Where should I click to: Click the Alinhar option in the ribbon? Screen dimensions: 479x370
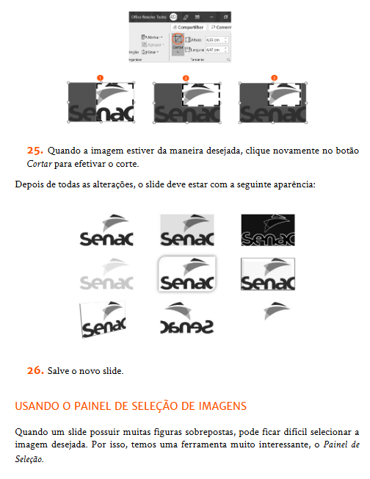coord(153,37)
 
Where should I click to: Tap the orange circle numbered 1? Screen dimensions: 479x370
coord(101,77)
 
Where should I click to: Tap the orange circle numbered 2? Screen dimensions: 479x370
coord(186,77)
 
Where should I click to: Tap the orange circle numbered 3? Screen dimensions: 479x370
coord(274,77)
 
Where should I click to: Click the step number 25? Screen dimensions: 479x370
coord(36,151)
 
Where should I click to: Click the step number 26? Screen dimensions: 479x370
coord(36,370)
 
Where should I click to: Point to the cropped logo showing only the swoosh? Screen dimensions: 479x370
coord(272,310)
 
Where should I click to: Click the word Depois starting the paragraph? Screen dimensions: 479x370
coord(28,183)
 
